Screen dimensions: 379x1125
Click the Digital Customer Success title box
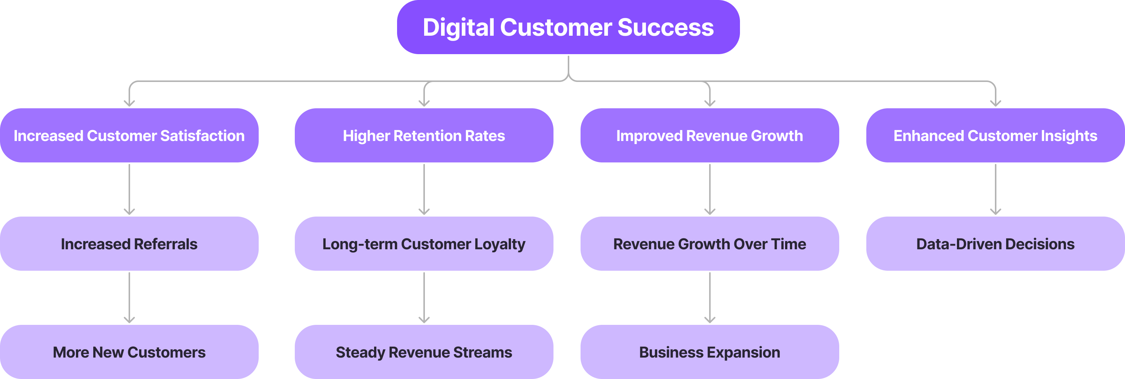[568, 27]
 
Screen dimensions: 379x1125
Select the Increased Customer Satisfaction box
[129, 135]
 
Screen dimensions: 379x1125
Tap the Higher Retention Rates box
[424, 135]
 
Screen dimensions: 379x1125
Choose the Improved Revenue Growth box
[709, 135]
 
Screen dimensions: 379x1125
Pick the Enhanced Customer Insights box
[995, 135]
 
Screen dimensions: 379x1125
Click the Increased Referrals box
[129, 244]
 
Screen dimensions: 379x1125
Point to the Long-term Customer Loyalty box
[424, 244]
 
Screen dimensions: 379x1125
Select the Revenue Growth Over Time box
[709, 244]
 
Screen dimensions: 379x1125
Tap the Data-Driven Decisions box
[995, 244]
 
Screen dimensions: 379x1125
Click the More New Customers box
[129, 352]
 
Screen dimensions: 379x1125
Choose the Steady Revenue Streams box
[424, 352]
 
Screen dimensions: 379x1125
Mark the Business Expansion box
[709, 352]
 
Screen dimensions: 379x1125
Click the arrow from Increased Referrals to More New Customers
[129, 297]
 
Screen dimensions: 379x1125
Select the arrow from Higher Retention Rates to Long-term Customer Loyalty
[424, 189]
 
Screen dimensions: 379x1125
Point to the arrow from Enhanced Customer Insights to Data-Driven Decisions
[996, 189]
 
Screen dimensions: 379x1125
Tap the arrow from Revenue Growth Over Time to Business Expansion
[710, 297]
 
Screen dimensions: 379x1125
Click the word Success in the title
[666, 27]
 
